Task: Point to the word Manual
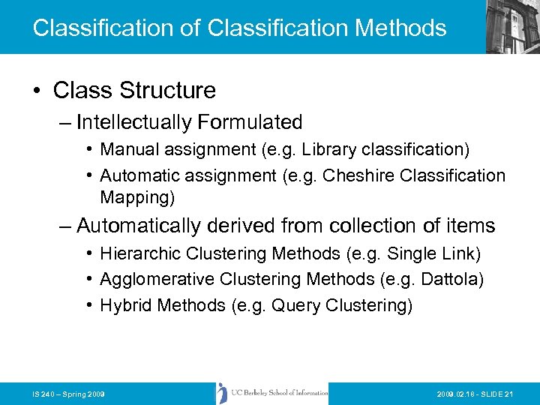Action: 130,150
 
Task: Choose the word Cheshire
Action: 360,175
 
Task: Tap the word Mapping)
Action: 137,197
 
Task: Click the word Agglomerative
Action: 157,280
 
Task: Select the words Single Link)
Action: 442,254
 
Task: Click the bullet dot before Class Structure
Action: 36,91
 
